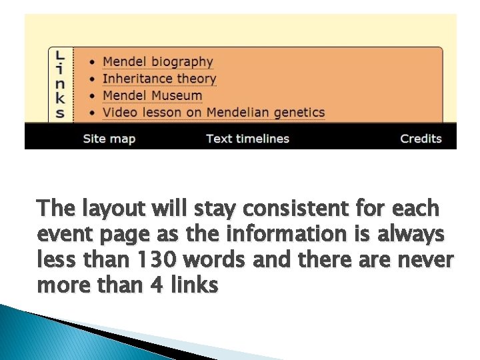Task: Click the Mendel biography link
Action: pyautogui.click(x=157, y=62)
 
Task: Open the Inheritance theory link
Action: pyautogui.click(x=159, y=79)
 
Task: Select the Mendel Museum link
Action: pyautogui.click(x=152, y=95)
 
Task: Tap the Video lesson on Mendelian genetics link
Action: pyautogui.click(x=213, y=112)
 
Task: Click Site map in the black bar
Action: pyautogui.click(x=109, y=139)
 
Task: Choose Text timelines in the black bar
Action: pyautogui.click(x=247, y=139)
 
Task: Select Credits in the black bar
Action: pyautogui.click(x=421, y=139)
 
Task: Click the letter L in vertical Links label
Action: pyautogui.click(x=60, y=55)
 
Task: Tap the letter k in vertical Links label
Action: pyautogui.click(x=60, y=98)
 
